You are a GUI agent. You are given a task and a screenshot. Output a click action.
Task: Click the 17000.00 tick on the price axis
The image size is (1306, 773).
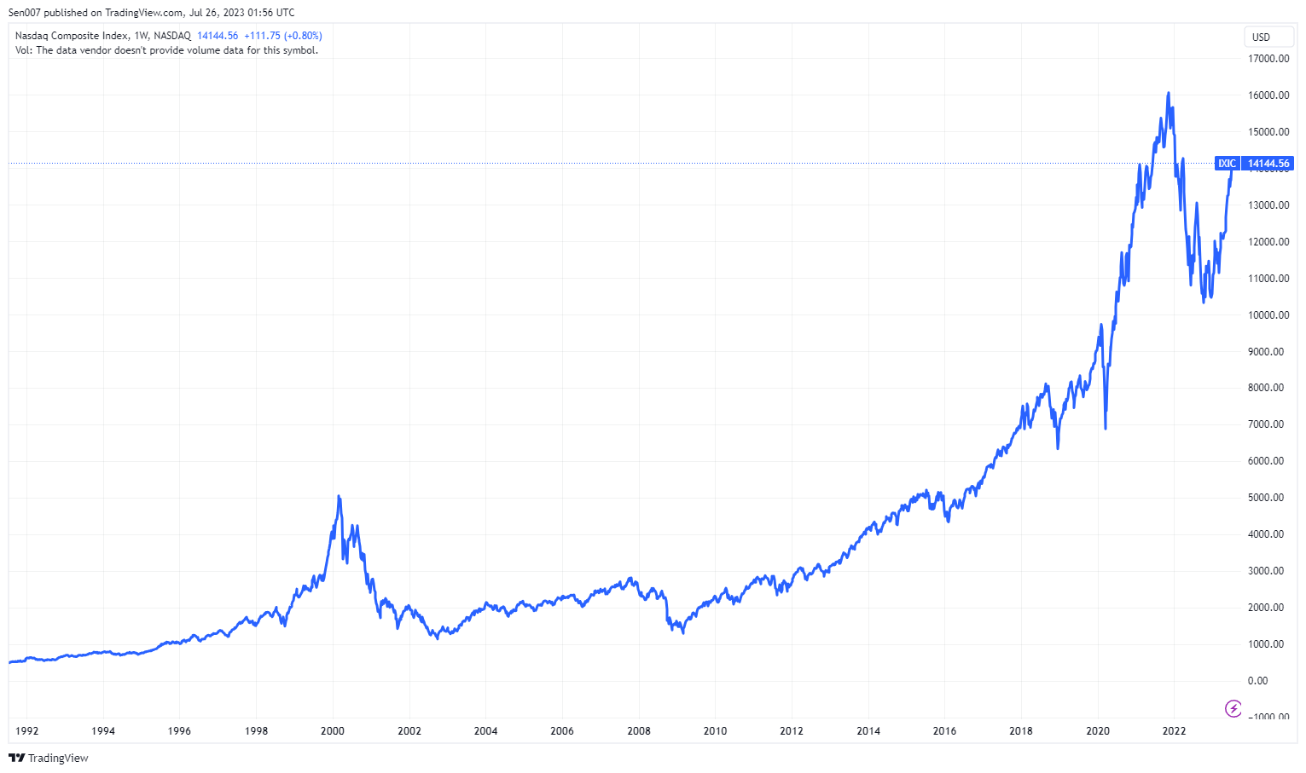tap(1268, 59)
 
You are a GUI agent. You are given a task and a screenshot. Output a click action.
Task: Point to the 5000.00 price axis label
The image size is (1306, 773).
tap(1266, 498)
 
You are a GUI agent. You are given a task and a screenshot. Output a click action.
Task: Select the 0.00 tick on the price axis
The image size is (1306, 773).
tap(1257, 681)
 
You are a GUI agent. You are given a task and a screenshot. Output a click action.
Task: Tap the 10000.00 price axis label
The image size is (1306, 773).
tap(1268, 315)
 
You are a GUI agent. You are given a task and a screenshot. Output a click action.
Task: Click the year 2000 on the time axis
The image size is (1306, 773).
tap(333, 731)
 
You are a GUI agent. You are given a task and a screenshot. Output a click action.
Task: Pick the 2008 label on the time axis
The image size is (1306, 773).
tap(639, 731)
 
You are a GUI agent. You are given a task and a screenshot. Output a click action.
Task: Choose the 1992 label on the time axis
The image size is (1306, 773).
tap(26, 731)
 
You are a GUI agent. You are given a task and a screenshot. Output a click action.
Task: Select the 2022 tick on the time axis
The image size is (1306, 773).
tap(1175, 731)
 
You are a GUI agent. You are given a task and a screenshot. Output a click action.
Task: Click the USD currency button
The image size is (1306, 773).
tap(1261, 37)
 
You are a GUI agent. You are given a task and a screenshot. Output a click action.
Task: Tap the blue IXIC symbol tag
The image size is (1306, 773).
tap(1227, 164)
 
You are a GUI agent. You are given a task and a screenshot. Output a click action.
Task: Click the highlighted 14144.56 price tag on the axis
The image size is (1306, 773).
tap(1268, 164)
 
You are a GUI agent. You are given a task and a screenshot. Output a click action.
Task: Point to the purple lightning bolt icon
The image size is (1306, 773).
tap(1233, 708)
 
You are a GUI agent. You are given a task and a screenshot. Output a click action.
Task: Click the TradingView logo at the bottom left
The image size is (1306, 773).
tap(49, 758)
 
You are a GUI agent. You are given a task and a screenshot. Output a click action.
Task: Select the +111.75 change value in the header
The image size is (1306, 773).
tap(262, 36)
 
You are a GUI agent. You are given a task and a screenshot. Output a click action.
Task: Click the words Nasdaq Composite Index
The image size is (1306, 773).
tap(72, 36)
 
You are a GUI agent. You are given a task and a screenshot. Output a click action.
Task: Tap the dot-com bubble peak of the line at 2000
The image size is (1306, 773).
tap(339, 496)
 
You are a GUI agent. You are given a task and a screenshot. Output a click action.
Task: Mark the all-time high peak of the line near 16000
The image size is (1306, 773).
tap(1168, 93)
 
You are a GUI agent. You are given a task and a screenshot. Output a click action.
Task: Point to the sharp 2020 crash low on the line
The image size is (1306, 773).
tap(1106, 428)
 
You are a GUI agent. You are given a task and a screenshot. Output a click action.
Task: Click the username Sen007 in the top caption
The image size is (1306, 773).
tap(25, 13)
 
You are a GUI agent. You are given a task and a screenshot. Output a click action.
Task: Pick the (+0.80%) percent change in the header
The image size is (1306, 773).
tap(303, 36)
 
